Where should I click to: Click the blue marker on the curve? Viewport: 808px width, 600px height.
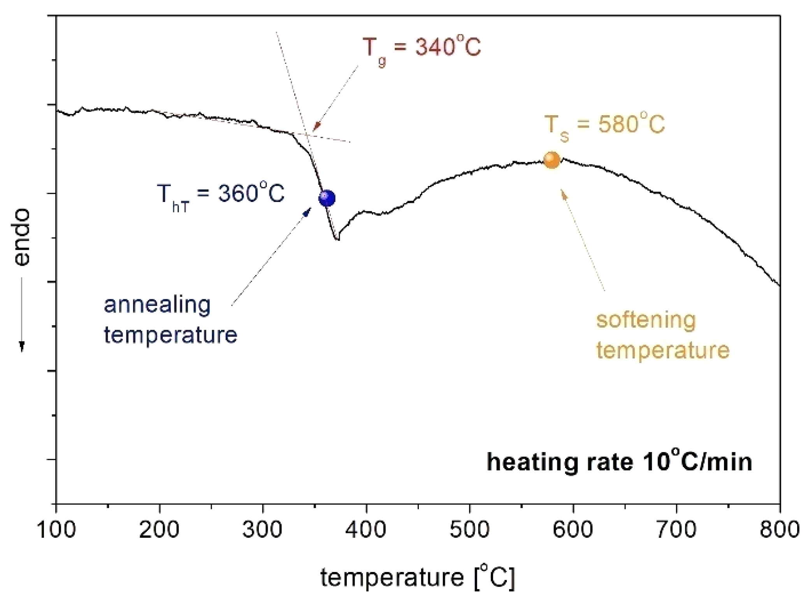pos(327,198)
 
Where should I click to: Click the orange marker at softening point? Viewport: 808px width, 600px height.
pos(552,160)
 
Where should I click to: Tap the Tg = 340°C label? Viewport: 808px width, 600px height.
pos(422,49)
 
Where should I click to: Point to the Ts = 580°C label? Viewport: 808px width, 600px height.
pos(604,126)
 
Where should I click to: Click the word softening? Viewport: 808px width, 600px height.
pos(646,321)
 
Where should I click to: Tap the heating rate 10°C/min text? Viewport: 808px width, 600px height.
pos(619,462)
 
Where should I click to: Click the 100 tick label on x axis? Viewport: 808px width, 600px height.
pos(56,530)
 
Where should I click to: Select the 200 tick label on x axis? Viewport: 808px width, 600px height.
pos(159,530)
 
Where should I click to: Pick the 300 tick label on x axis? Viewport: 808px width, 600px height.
pos(262,530)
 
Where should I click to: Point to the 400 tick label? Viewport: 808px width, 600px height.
pos(366,530)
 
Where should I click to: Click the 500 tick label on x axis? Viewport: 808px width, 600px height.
pos(469,530)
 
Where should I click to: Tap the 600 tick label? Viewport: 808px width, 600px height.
pos(573,530)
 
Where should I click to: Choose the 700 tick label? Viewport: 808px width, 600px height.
pos(676,530)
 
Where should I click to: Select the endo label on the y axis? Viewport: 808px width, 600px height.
pos(22,238)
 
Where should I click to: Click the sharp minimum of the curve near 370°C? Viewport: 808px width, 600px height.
pos(337,239)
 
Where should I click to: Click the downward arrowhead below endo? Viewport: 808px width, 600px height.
pos(22,346)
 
